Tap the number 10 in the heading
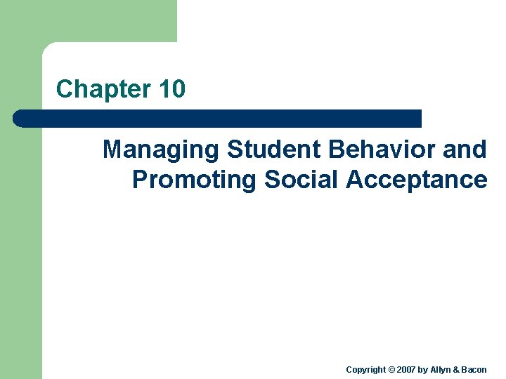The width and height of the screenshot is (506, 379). click(172, 89)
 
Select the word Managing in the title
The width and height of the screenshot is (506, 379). click(161, 149)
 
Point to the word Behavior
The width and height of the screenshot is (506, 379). click(375, 149)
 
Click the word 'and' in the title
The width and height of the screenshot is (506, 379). click(465, 149)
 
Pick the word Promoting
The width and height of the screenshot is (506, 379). click(195, 180)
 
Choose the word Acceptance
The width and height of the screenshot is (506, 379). click(416, 180)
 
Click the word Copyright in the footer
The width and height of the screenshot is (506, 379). click(366, 370)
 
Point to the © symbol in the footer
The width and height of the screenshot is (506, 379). click(392, 370)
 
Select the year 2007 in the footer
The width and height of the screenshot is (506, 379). click(407, 370)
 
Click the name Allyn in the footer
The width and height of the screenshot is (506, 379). click(441, 370)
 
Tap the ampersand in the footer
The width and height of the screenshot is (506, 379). click(458, 370)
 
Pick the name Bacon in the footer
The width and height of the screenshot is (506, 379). click(475, 370)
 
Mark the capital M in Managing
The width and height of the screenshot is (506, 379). click(112, 149)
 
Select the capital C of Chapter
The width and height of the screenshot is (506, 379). click(64, 89)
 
